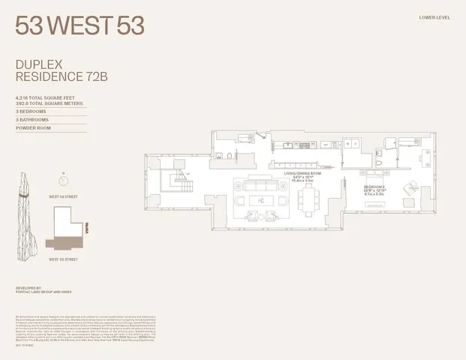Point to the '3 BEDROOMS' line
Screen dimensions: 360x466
click(x=32, y=112)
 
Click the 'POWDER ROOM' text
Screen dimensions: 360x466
click(x=34, y=128)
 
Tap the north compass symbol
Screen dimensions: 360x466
click(x=63, y=180)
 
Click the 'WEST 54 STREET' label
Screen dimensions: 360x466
click(x=65, y=195)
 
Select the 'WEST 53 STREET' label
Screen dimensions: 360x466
click(x=64, y=259)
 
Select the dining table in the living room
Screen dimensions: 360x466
click(x=309, y=199)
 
